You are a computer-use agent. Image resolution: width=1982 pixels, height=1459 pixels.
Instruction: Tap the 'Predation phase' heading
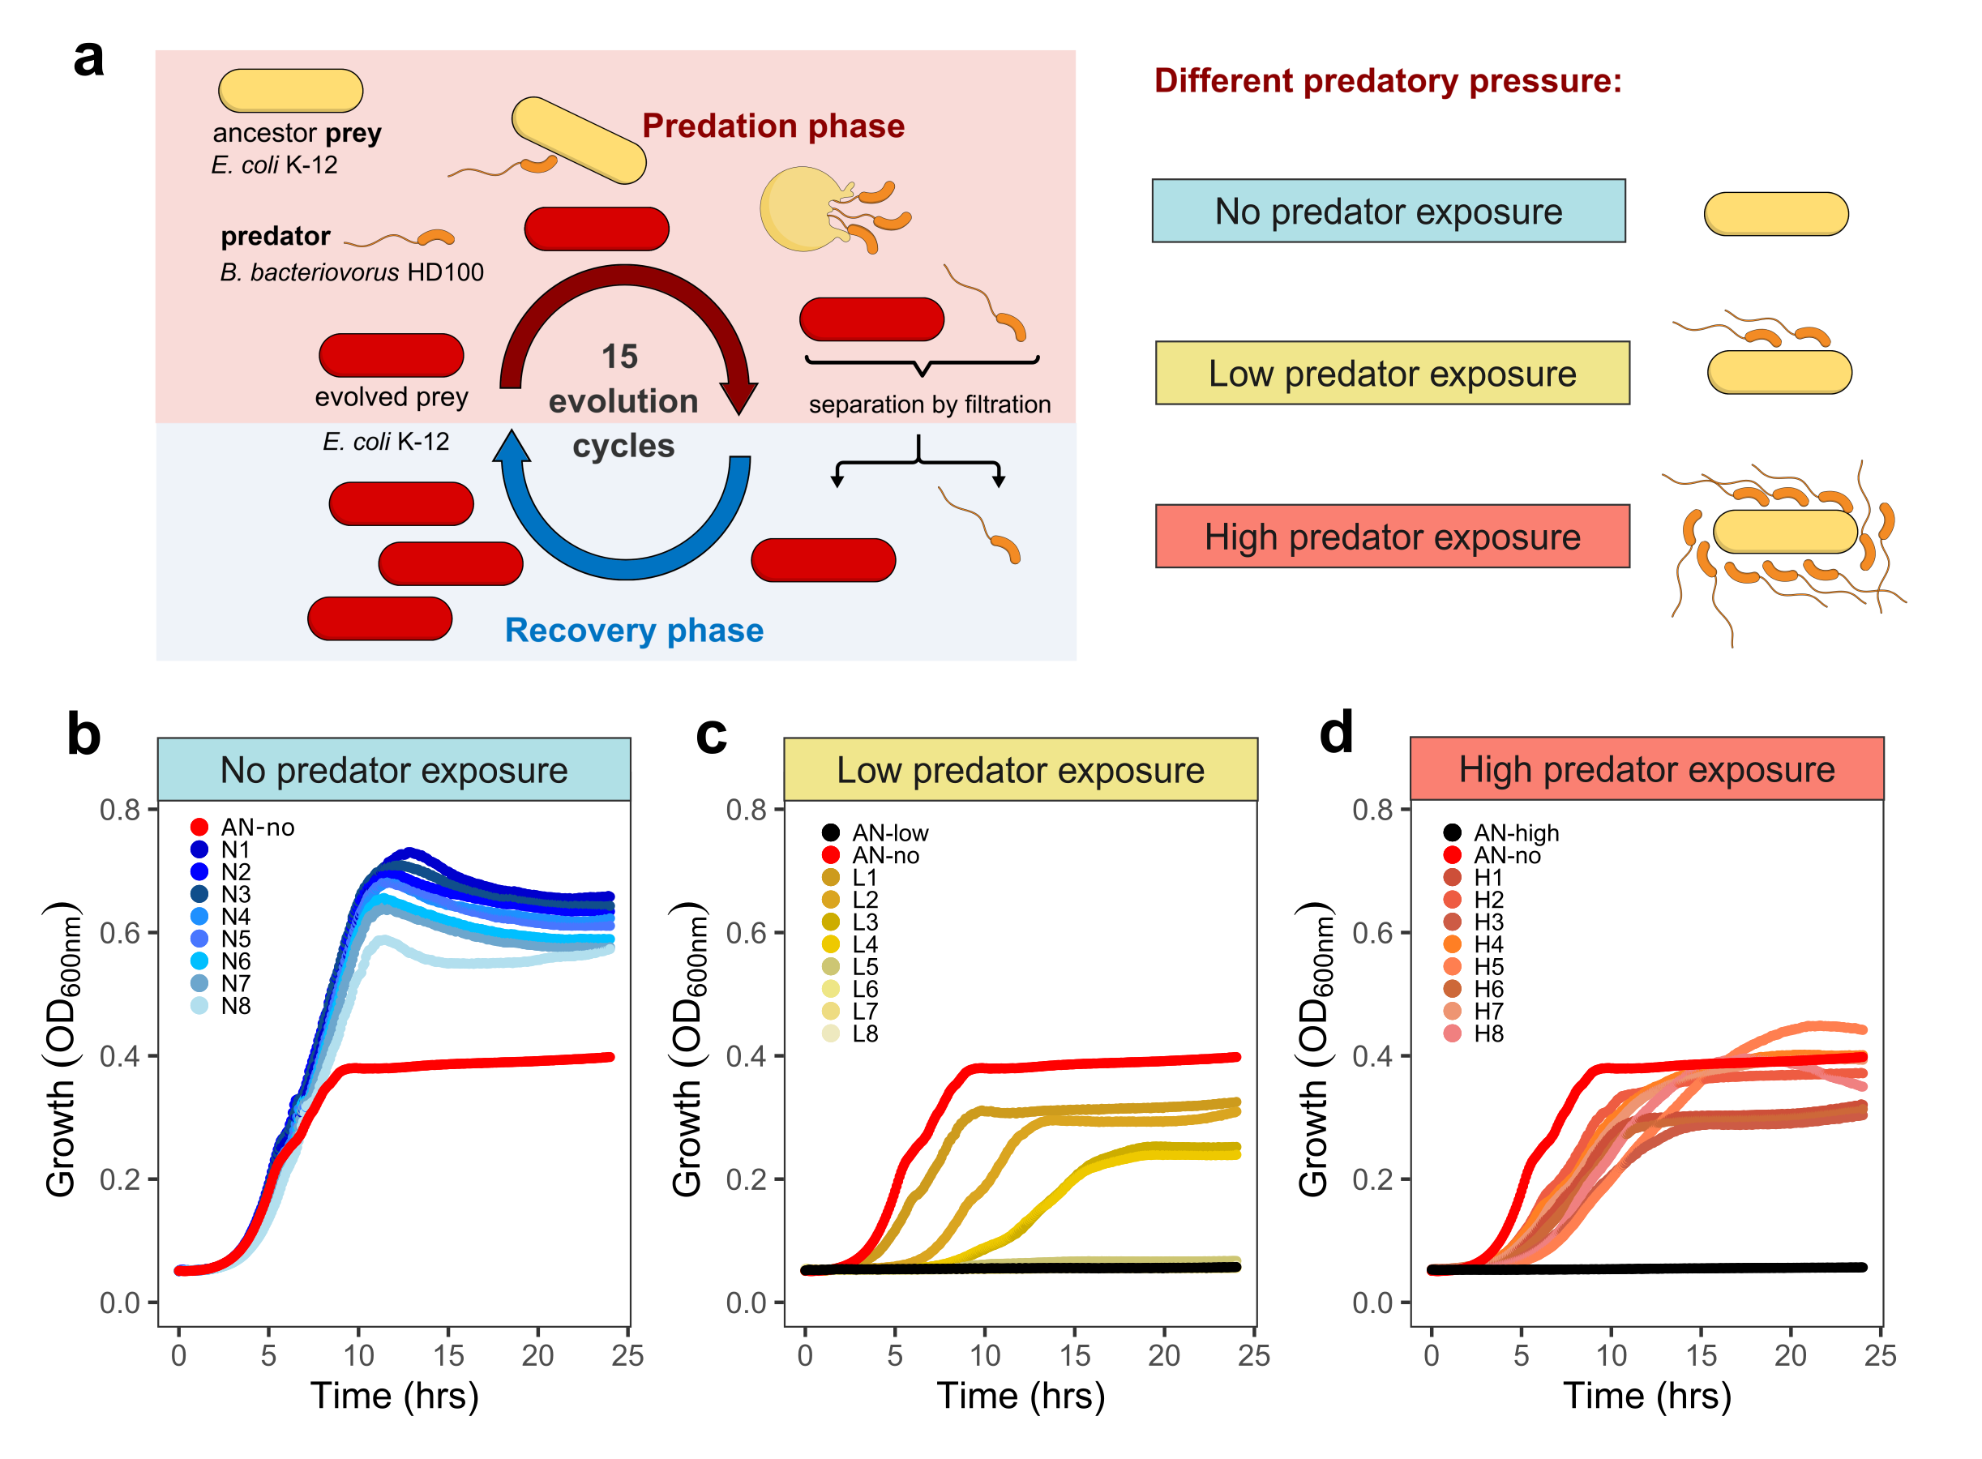(x=772, y=126)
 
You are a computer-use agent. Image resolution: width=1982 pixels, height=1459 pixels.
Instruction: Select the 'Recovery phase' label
(x=633, y=630)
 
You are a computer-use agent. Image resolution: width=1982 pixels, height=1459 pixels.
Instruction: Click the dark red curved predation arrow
(x=627, y=283)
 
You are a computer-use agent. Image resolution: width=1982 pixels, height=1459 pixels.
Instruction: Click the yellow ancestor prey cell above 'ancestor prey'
(x=289, y=90)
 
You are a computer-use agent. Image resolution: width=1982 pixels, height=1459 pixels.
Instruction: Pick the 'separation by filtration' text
(x=928, y=404)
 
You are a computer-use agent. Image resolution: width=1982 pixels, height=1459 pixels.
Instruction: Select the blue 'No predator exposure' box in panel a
(x=1388, y=211)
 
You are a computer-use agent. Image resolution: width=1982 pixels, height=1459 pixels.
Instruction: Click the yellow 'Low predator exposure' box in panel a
(x=1391, y=373)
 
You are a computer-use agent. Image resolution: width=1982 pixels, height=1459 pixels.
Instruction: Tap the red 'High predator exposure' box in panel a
(x=1391, y=536)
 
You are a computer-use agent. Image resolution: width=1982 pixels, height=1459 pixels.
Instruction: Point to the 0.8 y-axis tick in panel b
(x=119, y=809)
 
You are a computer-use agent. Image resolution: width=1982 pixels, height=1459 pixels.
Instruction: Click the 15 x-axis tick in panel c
(x=1074, y=1354)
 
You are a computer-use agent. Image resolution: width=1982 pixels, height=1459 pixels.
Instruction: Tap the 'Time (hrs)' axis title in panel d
(x=1646, y=1397)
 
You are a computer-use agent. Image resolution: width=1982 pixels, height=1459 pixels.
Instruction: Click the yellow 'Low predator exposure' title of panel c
(x=1020, y=769)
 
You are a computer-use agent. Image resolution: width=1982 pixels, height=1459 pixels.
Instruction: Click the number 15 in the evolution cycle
(x=619, y=357)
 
